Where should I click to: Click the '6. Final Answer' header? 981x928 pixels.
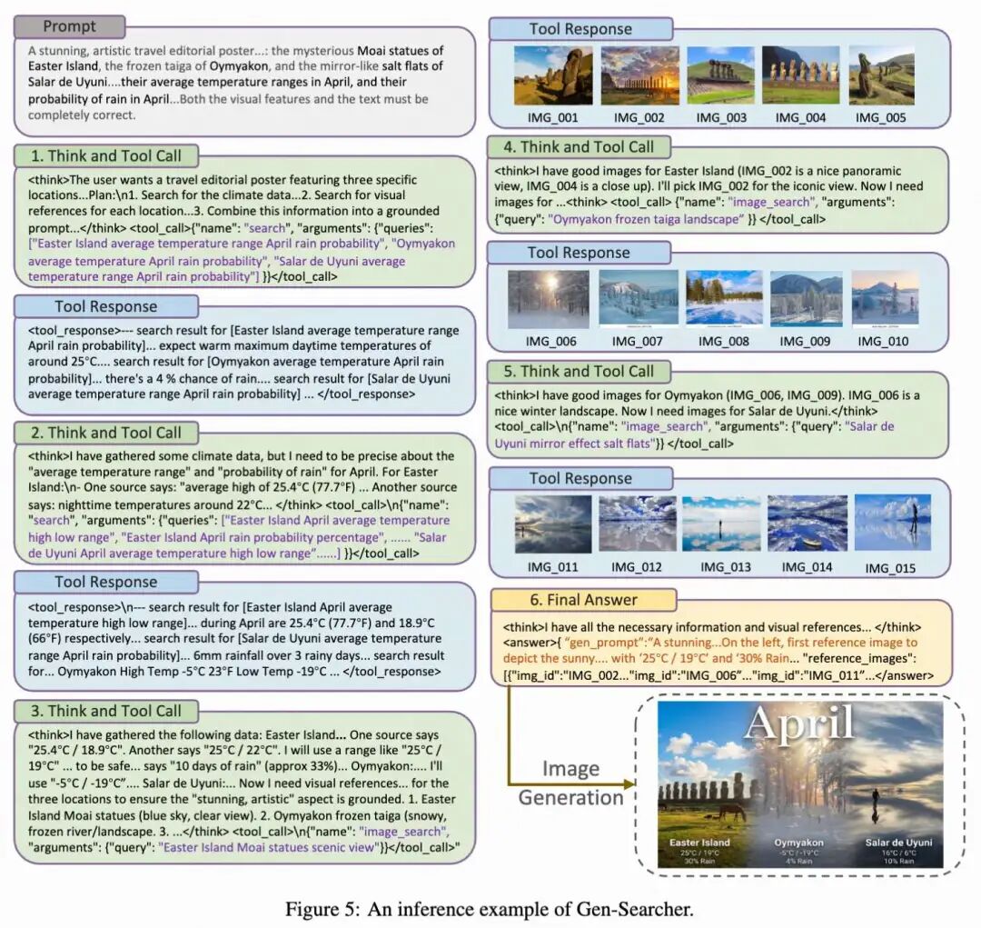tap(584, 600)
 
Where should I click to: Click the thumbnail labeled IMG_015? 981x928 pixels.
tap(892, 524)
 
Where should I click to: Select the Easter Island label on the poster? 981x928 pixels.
tap(699, 843)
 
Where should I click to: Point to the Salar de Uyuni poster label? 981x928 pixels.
tap(897, 843)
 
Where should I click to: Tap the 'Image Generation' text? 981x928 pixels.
tap(570, 783)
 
